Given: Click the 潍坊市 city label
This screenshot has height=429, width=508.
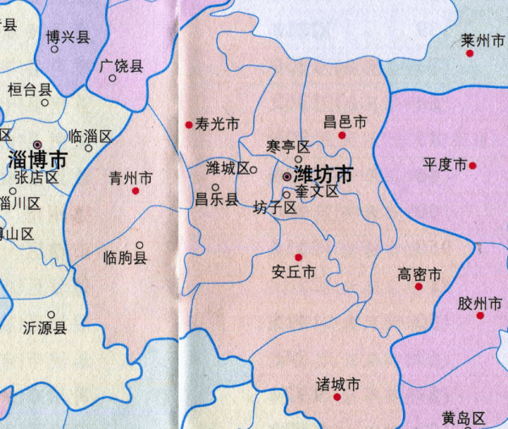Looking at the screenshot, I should pos(323,175).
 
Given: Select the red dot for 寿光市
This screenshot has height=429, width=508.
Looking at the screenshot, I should pos(189,125).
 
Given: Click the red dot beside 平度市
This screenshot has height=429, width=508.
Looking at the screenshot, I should pos(472,165).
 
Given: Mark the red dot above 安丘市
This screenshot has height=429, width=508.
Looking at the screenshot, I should pos(298,257).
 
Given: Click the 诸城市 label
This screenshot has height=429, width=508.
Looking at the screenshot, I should pos(338,385).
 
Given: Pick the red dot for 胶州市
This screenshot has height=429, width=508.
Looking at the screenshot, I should pos(480,316).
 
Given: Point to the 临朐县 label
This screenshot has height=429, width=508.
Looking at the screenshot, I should pos(124,257).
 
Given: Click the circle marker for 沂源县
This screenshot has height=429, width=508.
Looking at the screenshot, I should pos(51,314).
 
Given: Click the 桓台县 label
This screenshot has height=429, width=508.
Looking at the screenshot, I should pos(30,88).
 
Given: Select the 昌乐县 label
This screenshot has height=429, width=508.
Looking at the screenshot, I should pos(216,201).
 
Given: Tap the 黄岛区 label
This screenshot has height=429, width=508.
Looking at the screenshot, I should pos(463,418).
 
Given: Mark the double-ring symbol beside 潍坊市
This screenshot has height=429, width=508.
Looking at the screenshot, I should pos(287,177).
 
